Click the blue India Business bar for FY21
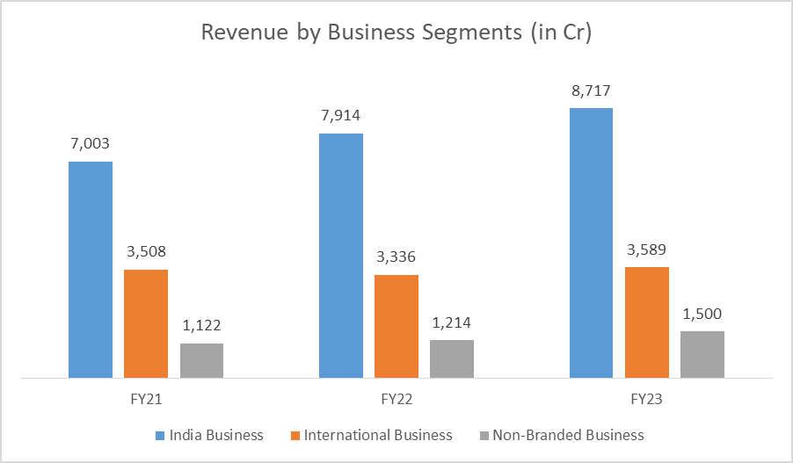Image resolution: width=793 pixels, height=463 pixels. click(x=91, y=270)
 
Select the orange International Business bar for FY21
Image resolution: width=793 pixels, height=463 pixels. click(x=146, y=323)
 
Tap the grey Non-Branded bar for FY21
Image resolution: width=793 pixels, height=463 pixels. click(x=201, y=360)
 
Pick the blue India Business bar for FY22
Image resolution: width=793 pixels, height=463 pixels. click(x=341, y=256)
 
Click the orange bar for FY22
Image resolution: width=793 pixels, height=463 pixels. click(x=396, y=326)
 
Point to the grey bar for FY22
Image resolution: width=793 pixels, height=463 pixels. click(x=452, y=358)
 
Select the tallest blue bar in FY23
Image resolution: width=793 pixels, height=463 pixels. click(x=591, y=243)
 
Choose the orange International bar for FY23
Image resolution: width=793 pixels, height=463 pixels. click(x=647, y=322)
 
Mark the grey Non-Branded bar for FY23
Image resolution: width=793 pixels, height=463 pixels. click(x=702, y=354)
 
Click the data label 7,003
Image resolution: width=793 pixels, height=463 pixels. click(x=91, y=143)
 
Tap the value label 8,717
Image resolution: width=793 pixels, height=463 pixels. click(x=591, y=90)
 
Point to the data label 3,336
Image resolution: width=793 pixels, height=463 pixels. click(x=396, y=257)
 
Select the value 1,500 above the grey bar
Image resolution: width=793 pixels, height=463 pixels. click(x=702, y=313)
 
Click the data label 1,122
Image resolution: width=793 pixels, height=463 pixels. click(x=201, y=325)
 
